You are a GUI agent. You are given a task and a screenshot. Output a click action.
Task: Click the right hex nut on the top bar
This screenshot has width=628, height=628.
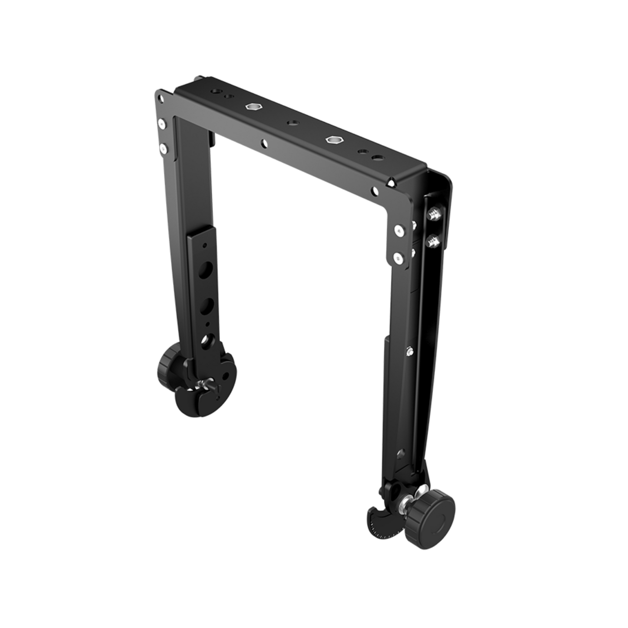(x=333, y=140)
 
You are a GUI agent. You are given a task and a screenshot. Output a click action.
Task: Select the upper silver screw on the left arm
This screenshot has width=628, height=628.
(x=162, y=125)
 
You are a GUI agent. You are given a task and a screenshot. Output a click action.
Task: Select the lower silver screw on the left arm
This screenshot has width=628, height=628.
(x=163, y=149)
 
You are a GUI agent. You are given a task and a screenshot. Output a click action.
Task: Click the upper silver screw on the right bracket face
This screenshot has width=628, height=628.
(x=398, y=231)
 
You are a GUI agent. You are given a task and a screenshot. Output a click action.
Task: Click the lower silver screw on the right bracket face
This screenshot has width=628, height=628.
(x=398, y=258)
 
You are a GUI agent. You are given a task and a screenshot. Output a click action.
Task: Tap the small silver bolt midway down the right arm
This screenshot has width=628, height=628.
(x=409, y=350)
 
